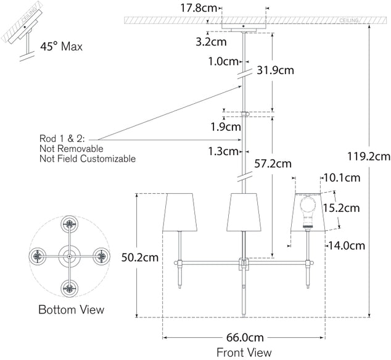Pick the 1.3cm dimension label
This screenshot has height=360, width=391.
[x=223, y=151]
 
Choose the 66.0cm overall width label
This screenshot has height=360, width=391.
[x=244, y=338]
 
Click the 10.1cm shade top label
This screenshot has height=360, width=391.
[x=343, y=178]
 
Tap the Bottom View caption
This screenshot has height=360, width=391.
[x=71, y=309]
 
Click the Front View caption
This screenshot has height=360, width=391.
[x=244, y=353]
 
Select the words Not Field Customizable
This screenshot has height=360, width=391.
[x=87, y=159]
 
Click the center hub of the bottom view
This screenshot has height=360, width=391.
[x=70, y=254]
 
